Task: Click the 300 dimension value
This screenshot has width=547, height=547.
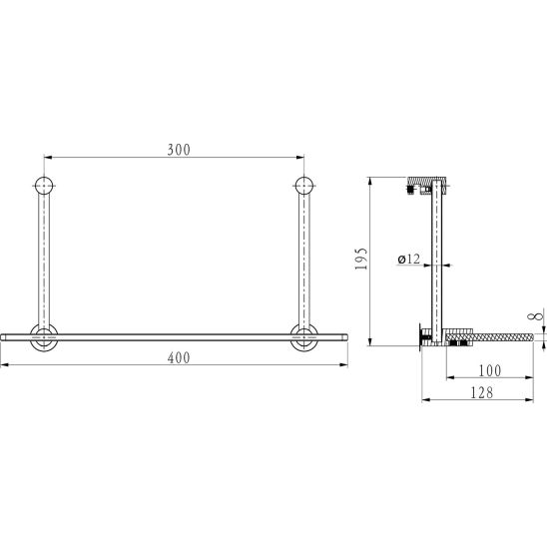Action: pyautogui.click(x=179, y=150)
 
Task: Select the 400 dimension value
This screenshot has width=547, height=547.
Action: pyautogui.click(x=179, y=358)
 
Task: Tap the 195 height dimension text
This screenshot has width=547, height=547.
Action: pyautogui.click(x=361, y=259)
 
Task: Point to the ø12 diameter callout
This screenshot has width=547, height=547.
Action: pyautogui.click(x=409, y=260)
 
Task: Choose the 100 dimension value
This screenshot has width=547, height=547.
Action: pyautogui.click(x=489, y=370)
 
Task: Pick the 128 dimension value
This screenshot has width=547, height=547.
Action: pyautogui.click(x=482, y=393)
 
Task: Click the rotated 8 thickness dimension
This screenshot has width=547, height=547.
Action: pyautogui.click(x=540, y=315)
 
